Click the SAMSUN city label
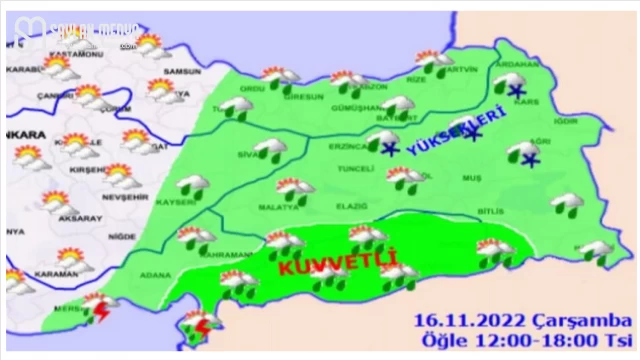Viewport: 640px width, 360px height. point(186,74)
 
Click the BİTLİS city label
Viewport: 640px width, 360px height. point(490,212)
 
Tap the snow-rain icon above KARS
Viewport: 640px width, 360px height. point(510,84)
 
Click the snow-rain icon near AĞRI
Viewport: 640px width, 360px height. point(524,156)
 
